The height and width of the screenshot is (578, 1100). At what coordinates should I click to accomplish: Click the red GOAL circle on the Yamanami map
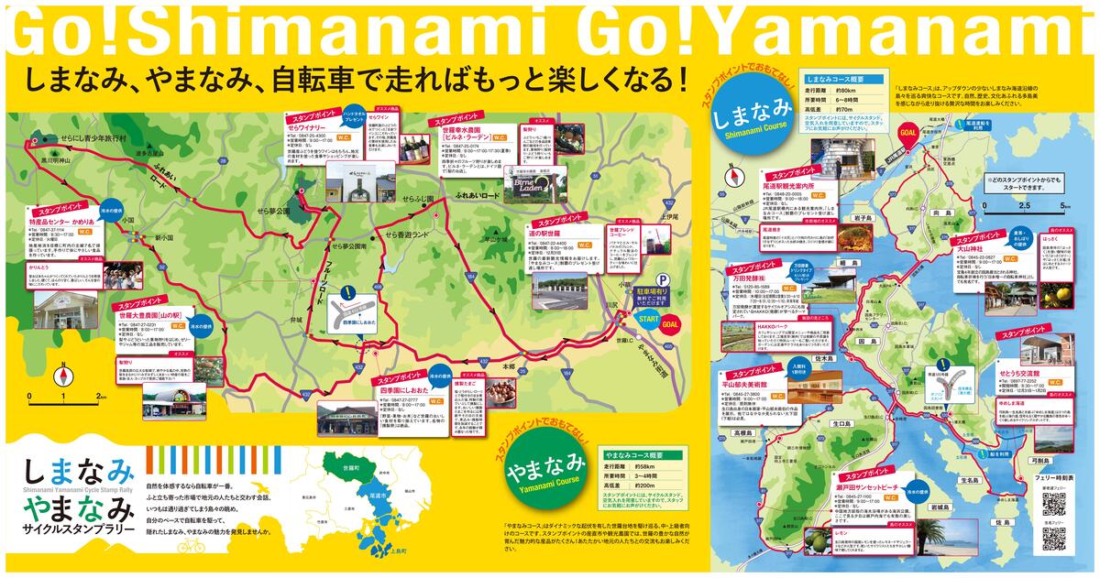(x=670, y=323)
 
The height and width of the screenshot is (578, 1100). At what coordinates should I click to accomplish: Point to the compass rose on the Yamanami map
(x=63, y=376)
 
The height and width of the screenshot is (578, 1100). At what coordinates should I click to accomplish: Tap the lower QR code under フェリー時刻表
(x=1053, y=539)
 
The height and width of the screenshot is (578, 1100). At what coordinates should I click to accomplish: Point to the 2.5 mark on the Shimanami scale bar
(x=1025, y=205)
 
